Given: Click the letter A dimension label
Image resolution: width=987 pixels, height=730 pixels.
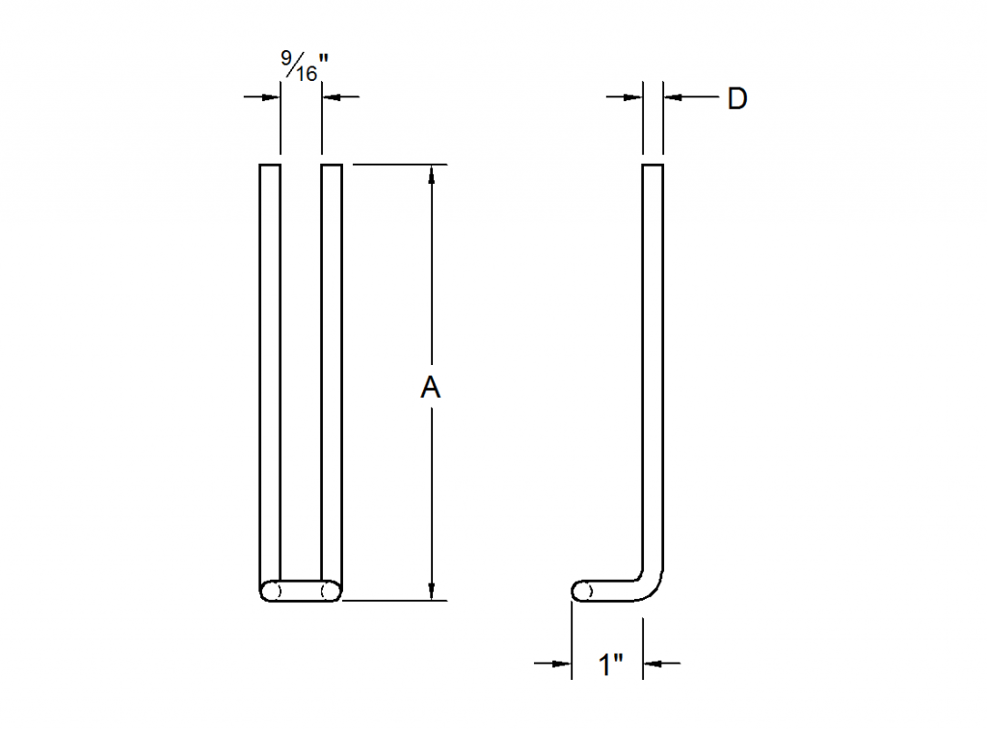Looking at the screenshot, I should (431, 387).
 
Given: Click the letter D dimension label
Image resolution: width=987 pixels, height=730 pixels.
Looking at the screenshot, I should (736, 98).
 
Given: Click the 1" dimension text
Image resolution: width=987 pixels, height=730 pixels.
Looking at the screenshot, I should (609, 665).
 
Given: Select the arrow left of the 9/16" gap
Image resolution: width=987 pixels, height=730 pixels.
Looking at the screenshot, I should (271, 96).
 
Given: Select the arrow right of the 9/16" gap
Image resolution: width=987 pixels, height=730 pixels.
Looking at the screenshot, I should (332, 96).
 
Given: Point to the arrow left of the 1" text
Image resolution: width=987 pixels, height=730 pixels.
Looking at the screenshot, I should (562, 663).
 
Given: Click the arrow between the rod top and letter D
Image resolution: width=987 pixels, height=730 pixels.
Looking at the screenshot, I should (674, 96).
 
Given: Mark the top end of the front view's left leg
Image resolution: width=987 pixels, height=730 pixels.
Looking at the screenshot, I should (270, 167).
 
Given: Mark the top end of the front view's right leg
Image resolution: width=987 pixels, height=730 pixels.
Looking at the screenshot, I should (332, 167).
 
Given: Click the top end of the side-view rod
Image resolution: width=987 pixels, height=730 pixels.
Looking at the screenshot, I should (654, 167).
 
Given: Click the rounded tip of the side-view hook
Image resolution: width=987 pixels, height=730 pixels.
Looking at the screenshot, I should (578, 590).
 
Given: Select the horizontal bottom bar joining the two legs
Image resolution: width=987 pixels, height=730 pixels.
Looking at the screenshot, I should (301, 590).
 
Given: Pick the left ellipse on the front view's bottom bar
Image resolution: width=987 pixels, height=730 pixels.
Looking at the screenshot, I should (274, 590).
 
